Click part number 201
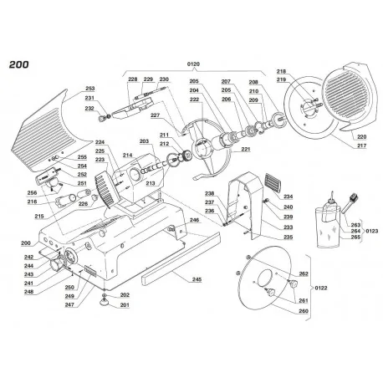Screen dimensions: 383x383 click(x=125, y=305)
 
